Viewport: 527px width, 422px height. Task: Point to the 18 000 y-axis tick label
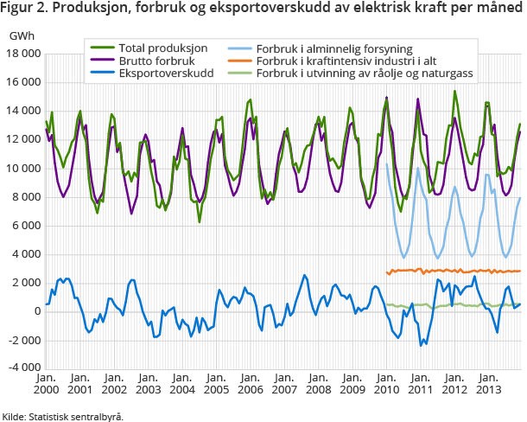tap(24, 54)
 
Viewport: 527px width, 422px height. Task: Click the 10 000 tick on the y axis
tap(24, 169)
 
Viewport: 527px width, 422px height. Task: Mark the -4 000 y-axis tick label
tap(24, 368)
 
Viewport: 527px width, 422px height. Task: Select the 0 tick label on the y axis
tap(35, 311)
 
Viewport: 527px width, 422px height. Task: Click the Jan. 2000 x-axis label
tap(46, 384)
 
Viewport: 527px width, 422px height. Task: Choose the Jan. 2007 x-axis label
tap(283, 384)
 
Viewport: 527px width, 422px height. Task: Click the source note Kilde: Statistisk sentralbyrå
tap(63, 416)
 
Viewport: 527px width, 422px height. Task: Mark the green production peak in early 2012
tap(455, 92)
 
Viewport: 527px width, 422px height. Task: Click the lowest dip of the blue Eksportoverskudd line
tap(422, 345)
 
